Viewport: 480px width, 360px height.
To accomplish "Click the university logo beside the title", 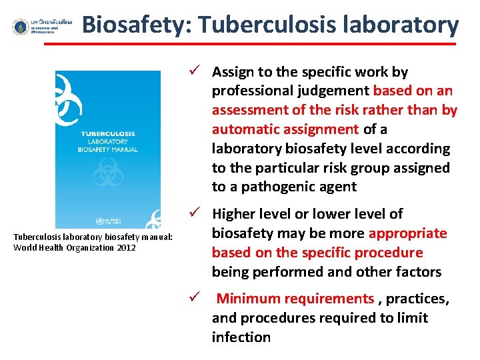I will [x=21, y=27].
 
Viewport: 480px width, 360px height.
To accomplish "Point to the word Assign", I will [x=233, y=72].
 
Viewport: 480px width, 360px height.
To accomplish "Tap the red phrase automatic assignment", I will [x=285, y=129].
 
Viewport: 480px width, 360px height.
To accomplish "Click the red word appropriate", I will [x=407, y=233].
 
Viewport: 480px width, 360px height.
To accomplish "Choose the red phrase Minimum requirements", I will [x=295, y=299].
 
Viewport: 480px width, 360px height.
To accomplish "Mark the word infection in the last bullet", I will [x=241, y=337].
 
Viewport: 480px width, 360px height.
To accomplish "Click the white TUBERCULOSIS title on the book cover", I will [x=108, y=133].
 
